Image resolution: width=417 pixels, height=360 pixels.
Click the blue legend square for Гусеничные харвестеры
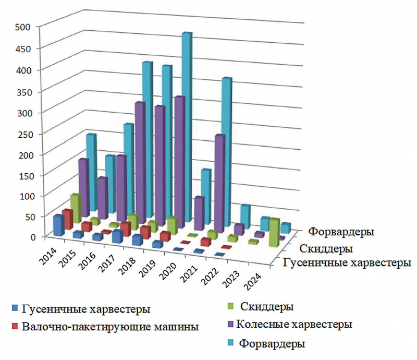coord(15,309)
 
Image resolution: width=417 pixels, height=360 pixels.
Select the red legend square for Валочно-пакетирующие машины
coord(15,327)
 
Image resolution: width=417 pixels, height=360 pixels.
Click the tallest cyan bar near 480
coord(186,130)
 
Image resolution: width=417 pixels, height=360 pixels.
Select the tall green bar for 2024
coord(274,232)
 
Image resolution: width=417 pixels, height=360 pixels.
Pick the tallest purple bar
coord(179,162)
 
